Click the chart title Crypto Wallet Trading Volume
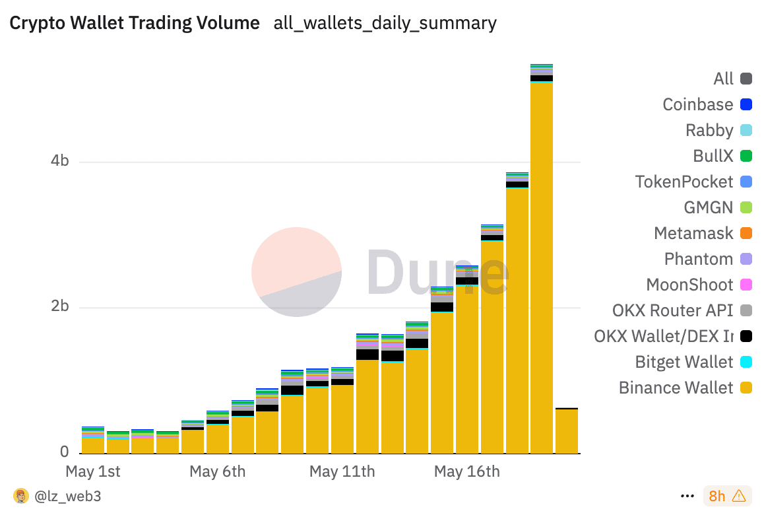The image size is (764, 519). [x=135, y=23]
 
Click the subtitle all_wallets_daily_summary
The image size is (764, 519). [x=385, y=23]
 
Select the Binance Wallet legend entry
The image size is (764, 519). [x=676, y=388]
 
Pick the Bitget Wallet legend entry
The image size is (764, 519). [x=684, y=362]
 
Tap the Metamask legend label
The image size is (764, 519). [x=693, y=233]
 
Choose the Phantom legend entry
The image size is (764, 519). [x=698, y=259]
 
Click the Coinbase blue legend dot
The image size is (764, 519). [x=746, y=104]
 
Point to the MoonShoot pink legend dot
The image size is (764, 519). [x=746, y=285]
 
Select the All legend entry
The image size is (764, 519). [x=723, y=79]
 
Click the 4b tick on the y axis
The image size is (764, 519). [x=60, y=162]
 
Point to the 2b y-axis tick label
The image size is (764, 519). [x=60, y=308]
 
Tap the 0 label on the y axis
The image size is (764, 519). [x=65, y=452]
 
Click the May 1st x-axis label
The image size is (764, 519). [x=93, y=471]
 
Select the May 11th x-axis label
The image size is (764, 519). [x=342, y=471]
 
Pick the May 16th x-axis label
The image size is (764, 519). [x=466, y=471]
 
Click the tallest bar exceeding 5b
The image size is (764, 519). [x=541, y=264]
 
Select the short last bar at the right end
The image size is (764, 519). [x=566, y=431]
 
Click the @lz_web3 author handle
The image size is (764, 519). [x=67, y=496]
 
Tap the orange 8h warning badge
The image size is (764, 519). [x=726, y=496]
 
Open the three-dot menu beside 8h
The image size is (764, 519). [x=687, y=496]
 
